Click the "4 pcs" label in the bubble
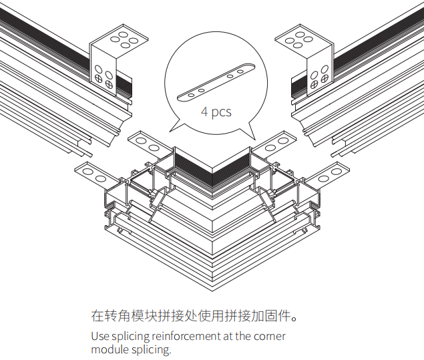tap(216, 112)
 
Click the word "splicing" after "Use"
tap(130, 336)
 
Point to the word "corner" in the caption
tap(269, 336)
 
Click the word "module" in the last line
tap(108, 349)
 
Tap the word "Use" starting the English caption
tap(99, 336)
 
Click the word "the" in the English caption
tap(242, 336)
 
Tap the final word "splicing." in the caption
tap(152, 349)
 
